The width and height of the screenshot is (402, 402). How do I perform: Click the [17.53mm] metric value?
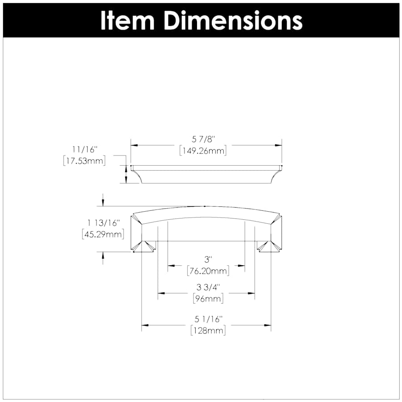pos(85,161)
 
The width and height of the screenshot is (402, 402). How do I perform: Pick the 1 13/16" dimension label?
pos(103,223)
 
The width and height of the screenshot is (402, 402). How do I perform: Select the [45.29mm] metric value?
pos(103,234)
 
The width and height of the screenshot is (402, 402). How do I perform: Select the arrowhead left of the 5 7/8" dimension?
pos(134,145)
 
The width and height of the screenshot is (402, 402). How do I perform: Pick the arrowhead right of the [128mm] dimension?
pos(268,325)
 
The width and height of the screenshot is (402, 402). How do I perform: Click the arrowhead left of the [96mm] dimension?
pos(161,293)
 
